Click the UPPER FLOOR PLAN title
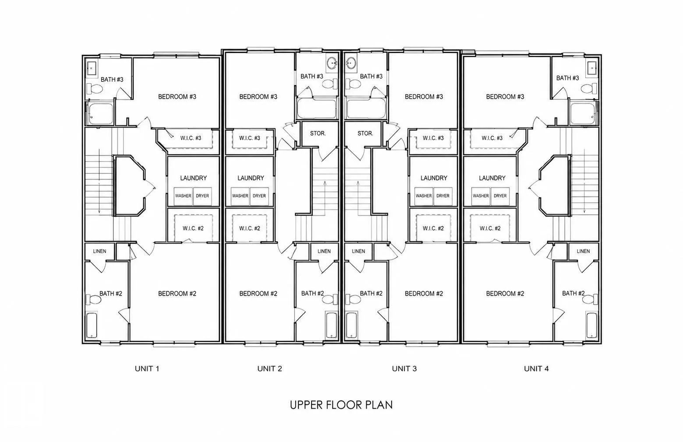coord(341,405)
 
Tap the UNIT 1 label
coord(147,368)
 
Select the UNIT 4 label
coord(536,368)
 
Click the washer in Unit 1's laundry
coord(183,196)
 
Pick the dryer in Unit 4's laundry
coord(500,196)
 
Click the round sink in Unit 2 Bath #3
coord(332,64)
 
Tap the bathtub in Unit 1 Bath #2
coord(92,325)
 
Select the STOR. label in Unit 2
coord(318,134)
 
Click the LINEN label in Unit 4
coord(583,251)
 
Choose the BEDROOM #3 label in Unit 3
coord(424,97)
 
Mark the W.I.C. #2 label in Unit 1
coord(193,228)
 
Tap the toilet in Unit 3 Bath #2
coord(354,299)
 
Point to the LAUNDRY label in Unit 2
coord(251,178)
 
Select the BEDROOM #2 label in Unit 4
coord(505,293)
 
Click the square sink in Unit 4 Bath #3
coord(592,67)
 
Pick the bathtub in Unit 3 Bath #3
coord(365,108)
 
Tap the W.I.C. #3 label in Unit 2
coord(249,138)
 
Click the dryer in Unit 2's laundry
coord(259,196)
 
